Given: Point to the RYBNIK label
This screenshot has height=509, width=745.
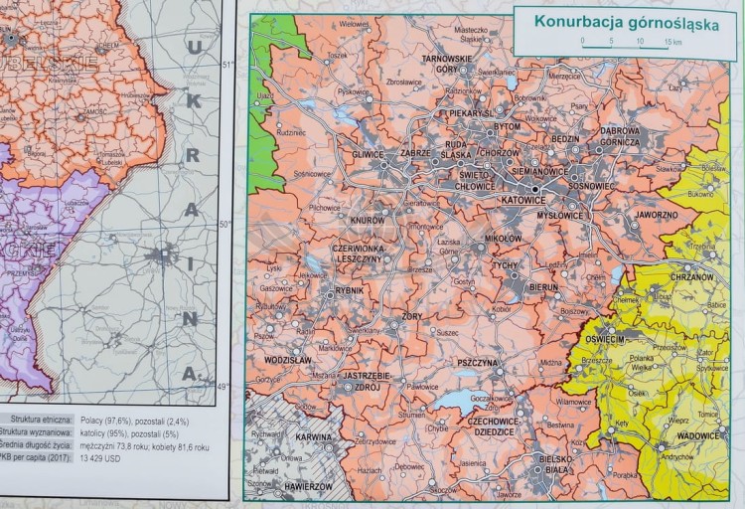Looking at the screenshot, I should point(351,290).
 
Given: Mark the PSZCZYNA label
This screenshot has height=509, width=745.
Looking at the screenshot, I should point(478,364).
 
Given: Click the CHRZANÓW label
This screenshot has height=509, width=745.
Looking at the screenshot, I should point(694,277).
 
